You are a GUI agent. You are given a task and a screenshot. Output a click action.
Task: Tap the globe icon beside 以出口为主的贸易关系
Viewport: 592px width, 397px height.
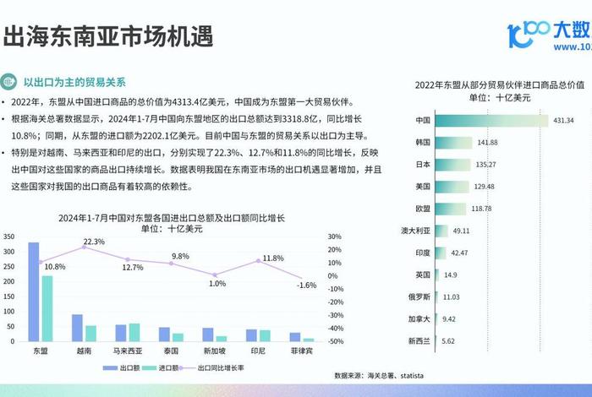tap(9, 82)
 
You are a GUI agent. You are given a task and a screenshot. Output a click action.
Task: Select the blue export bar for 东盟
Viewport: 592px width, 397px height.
tap(34, 291)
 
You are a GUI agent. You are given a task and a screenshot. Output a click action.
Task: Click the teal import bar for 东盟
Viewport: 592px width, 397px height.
tap(47, 308)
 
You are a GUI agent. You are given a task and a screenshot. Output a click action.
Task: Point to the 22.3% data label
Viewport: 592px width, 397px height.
tap(93, 242)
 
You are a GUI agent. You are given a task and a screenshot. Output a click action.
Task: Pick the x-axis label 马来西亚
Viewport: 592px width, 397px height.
tap(128, 350)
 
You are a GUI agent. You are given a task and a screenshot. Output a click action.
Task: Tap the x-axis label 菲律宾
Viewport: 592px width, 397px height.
tap(302, 350)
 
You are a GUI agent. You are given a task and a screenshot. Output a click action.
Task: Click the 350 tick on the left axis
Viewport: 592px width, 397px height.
tap(9, 237)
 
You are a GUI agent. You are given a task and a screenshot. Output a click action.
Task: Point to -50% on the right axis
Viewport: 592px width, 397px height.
tap(335, 341)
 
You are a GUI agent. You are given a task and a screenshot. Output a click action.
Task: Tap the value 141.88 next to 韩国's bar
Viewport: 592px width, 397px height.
tap(487, 142)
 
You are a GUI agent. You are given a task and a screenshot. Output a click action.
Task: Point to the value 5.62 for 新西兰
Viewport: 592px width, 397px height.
tap(452, 340)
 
